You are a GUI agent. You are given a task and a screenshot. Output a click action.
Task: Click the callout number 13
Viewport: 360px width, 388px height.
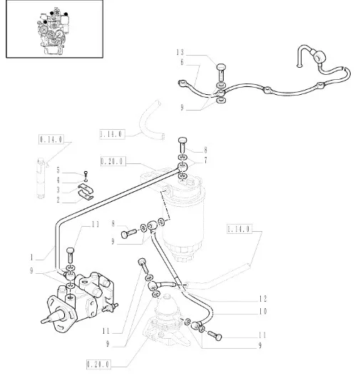click(x=180, y=53)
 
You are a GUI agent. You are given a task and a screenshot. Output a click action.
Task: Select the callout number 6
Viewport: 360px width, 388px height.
click(x=182, y=62)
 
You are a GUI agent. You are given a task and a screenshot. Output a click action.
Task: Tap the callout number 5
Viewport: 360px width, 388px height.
click(x=58, y=170)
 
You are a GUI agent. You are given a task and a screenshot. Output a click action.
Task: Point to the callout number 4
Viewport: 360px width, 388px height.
click(x=58, y=180)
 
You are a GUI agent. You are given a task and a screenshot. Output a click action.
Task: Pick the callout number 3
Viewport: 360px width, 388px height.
click(x=58, y=190)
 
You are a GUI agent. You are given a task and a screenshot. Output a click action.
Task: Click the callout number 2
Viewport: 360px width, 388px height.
click(x=58, y=200)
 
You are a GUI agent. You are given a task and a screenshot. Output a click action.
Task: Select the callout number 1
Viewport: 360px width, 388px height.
click(x=31, y=257)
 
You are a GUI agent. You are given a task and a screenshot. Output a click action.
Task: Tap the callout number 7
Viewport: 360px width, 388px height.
click(x=205, y=160)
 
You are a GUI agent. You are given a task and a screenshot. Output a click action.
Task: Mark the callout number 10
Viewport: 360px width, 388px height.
click(x=263, y=311)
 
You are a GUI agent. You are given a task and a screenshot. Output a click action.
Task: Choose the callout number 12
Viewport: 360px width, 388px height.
click(x=263, y=299)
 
